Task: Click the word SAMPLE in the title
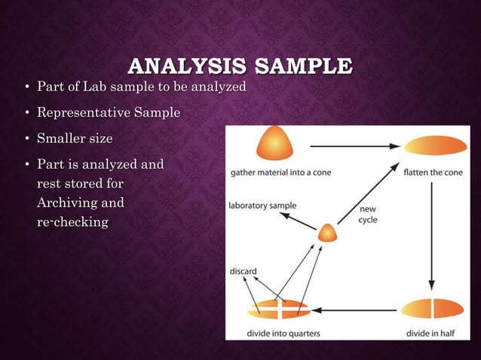tap(300, 66)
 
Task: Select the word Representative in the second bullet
tap(84, 113)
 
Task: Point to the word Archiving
tap(80, 203)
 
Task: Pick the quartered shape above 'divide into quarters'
tap(278, 309)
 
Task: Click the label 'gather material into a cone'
tap(281, 172)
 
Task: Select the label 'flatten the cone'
tap(434, 172)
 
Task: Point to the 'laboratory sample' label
tap(263, 205)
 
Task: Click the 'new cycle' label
tap(369, 215)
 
